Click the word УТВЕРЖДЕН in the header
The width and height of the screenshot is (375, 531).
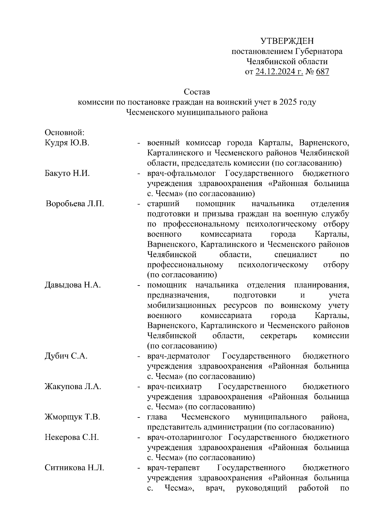(x=287, y=41)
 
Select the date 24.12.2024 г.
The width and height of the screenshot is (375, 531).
(x=279, y=72)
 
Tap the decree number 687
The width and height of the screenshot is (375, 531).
(x=322, y=72)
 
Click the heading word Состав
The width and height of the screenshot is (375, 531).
(x=197, y=92)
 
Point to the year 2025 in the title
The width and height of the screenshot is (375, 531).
(x=289, y=102)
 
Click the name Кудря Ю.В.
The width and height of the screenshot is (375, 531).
(x=67, y=143)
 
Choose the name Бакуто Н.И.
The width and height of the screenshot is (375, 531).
(x=67, y=174)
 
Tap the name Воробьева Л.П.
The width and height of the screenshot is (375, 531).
(x=75, y=204)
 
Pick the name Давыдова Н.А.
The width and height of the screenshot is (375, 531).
(x=73, y=285)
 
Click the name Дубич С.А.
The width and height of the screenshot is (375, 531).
(x=66, y=356)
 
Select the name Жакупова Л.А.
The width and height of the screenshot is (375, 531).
(x=73, y=387)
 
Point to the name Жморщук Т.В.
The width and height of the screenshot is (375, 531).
(x=72, y=417)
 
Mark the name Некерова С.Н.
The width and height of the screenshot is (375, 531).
(x=72, y=437)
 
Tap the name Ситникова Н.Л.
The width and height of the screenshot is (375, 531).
(x=74, y=468)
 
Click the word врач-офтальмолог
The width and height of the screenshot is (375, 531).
(x=181, y=174)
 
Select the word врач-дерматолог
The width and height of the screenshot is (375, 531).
(x=179, y=356)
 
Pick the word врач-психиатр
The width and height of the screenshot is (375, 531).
(x=174, y=387)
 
